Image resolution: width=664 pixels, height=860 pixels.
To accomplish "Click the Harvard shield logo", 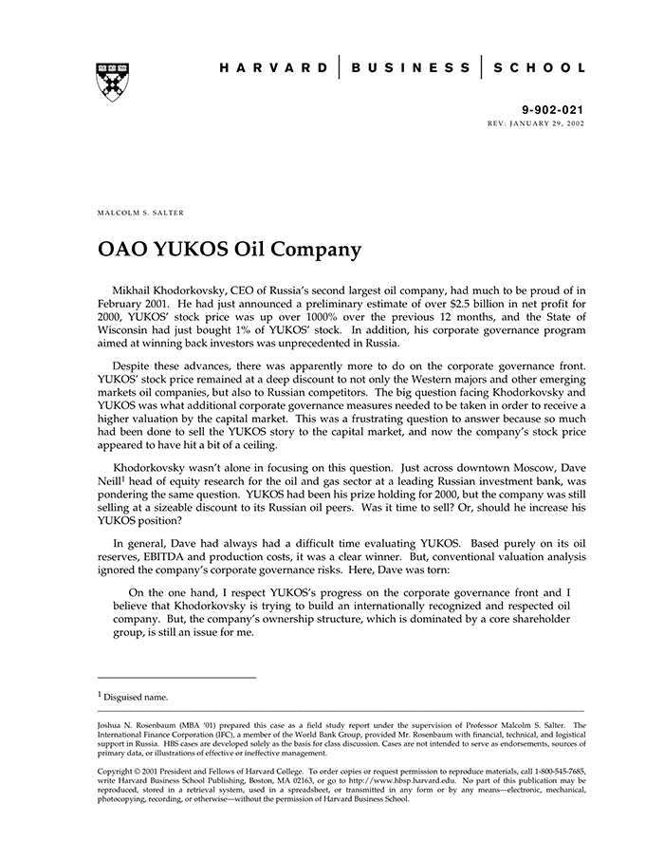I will (113, 83).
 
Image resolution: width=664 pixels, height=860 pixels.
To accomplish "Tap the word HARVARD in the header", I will (274, 67).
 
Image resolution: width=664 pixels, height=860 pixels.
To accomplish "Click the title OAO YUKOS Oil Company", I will (230, 251).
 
